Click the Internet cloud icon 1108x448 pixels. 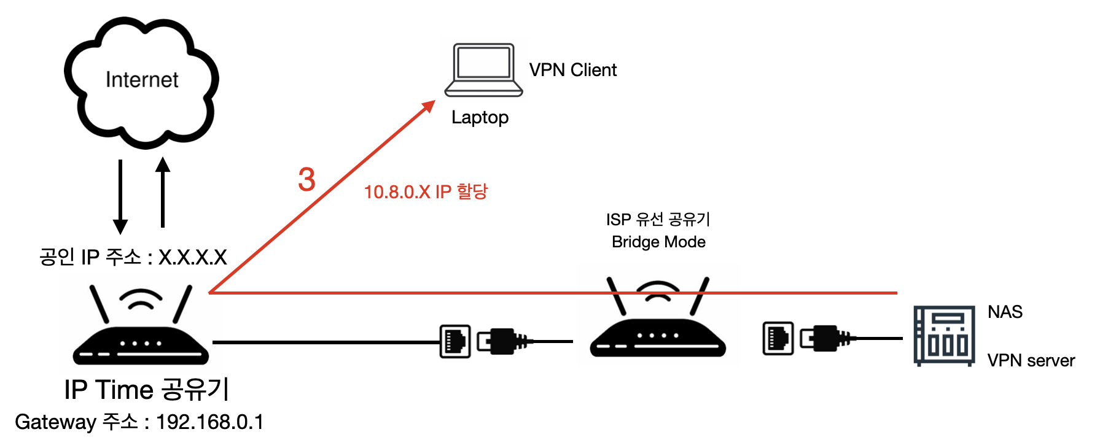(x=141, y=83)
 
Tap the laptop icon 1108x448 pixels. (x=483, y=70)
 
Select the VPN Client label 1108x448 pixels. (x=572, y=70)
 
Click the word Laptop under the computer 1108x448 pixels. (x=480, y=117)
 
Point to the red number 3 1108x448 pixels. (x=306, y=180)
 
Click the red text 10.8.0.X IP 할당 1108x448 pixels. (x=426, y=192)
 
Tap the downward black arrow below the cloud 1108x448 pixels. (x=120, y=196)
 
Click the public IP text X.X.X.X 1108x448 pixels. (x=193, y=257)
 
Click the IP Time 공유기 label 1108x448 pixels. (x=146, y=390)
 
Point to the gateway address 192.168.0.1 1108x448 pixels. (x=209, y=422)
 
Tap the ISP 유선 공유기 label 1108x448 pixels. (x=658, y=219)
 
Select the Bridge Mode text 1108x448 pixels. (x=658, y=242)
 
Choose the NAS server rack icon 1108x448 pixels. (x=944, y=336)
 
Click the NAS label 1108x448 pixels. (x=1005, y=312)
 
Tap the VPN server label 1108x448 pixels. (x=1031, y=360)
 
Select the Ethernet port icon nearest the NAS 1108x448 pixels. (x=778, y=338)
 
